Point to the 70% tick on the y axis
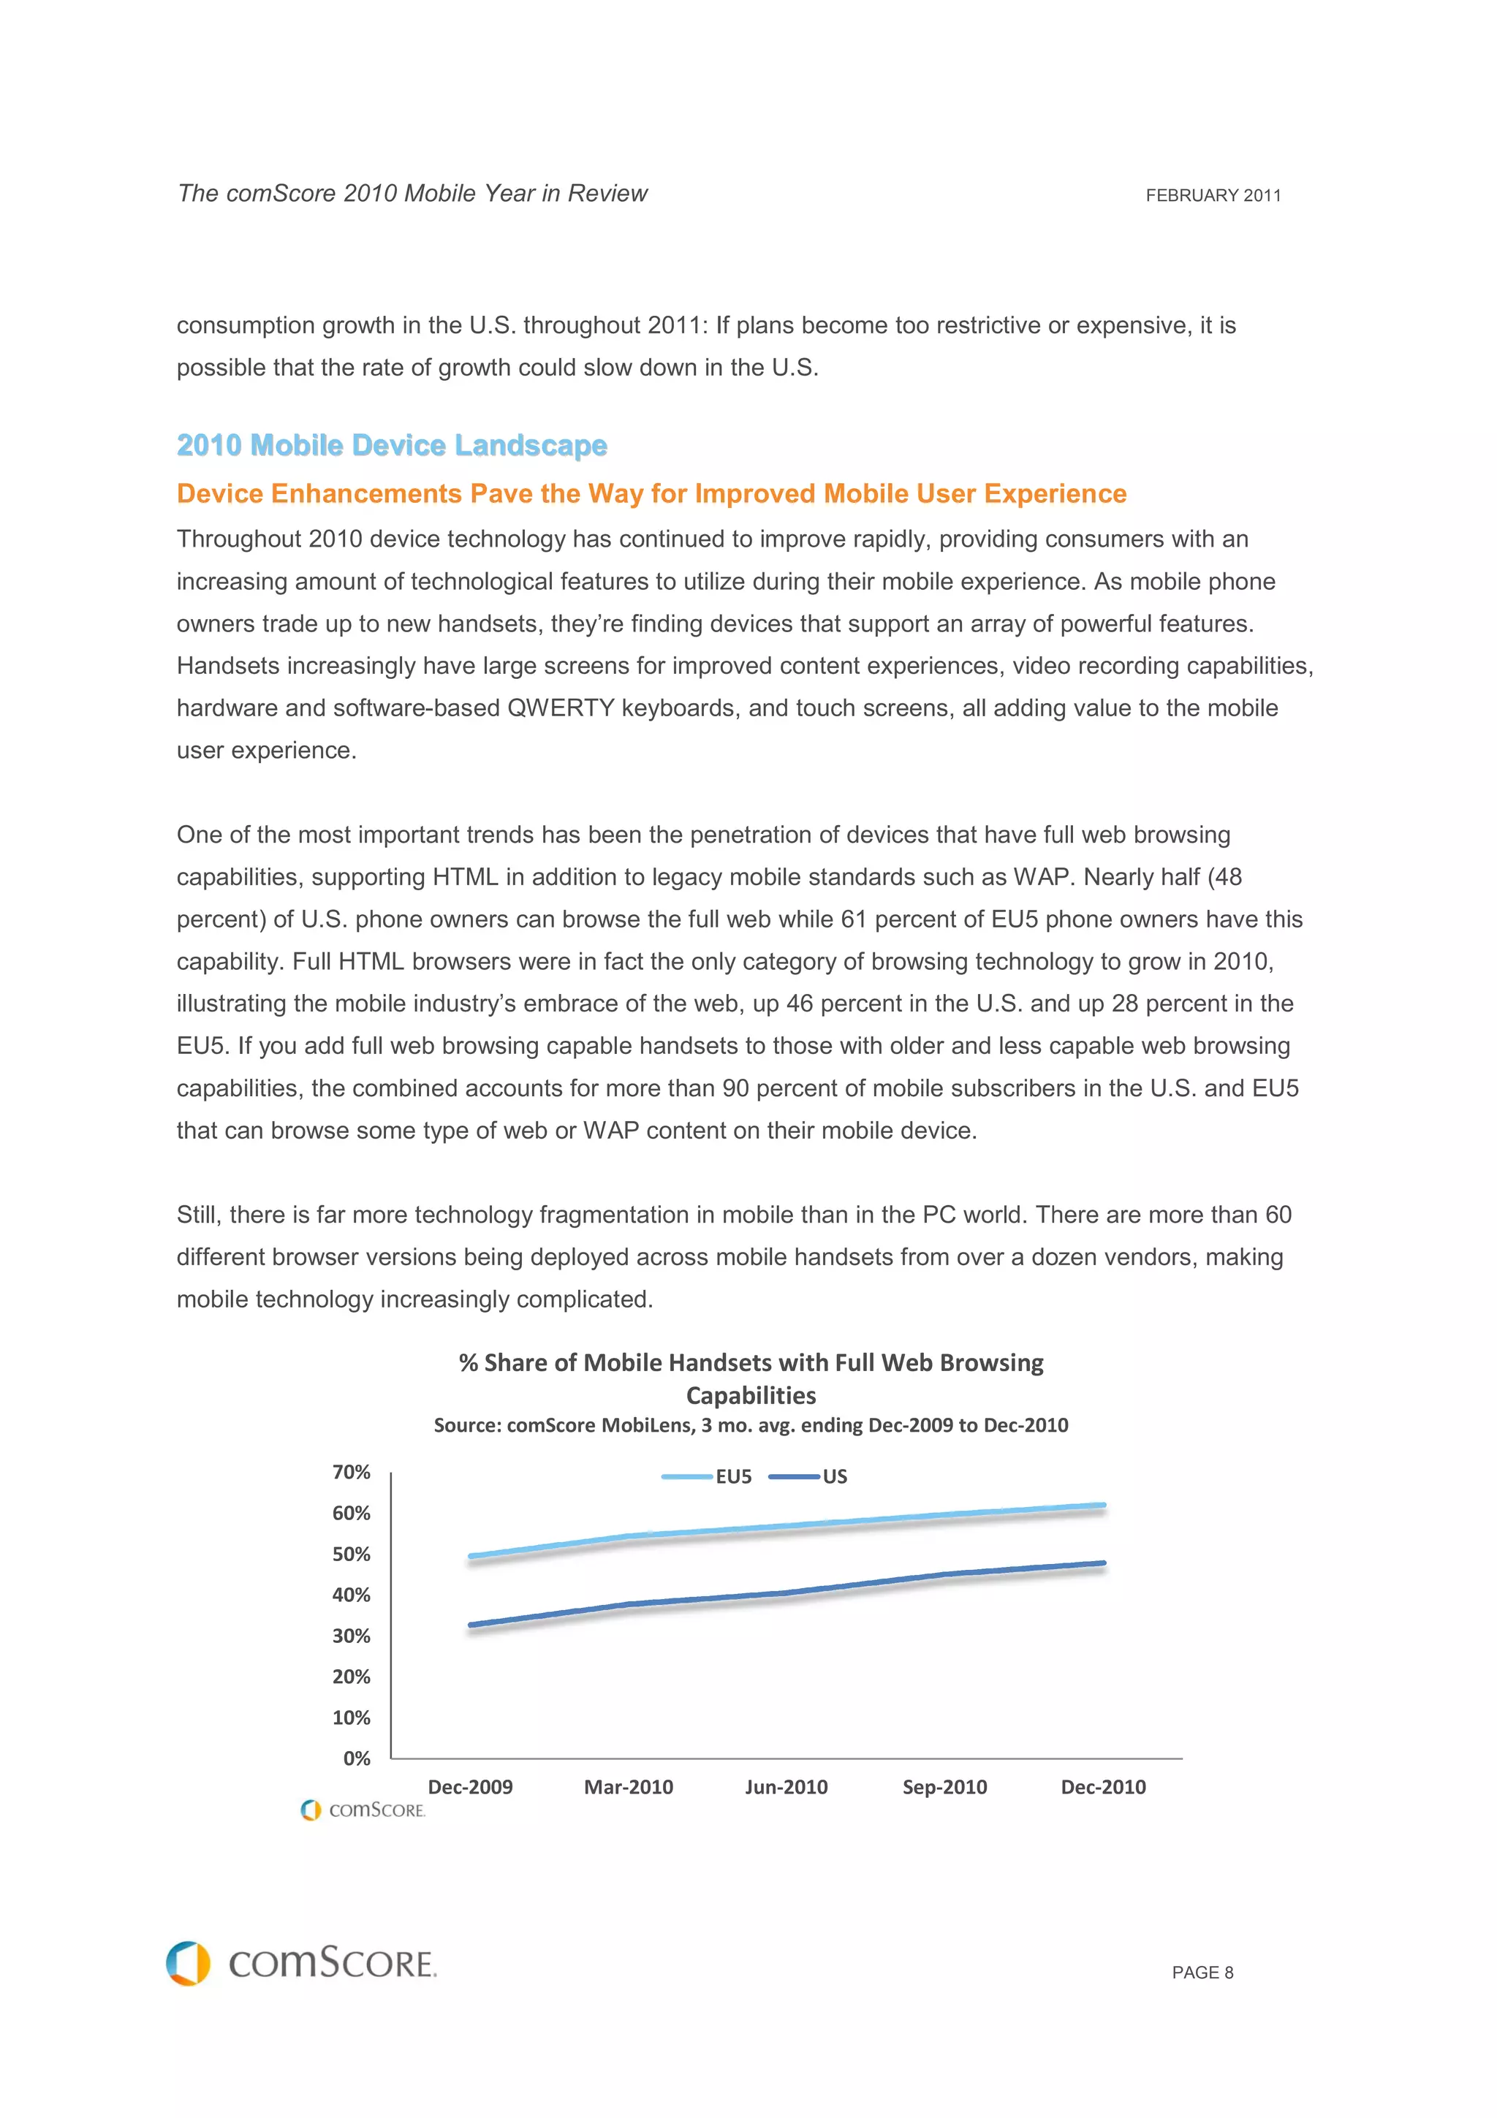coord(352,1472)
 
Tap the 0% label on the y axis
coord(357,1758)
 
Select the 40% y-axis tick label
coord(352,1595)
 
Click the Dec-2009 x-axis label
coord(471,1787)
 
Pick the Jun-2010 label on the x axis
coord(786,1787)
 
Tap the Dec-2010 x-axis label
coord(1103,1787)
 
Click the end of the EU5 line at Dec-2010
coord(1103,1505)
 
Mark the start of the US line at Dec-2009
coord(471,1625)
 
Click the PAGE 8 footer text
coord(1202,1973)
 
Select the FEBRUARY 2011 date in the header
coord(1213,196)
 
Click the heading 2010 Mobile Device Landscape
coord(392,446)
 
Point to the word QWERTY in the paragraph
coord(560,708)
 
